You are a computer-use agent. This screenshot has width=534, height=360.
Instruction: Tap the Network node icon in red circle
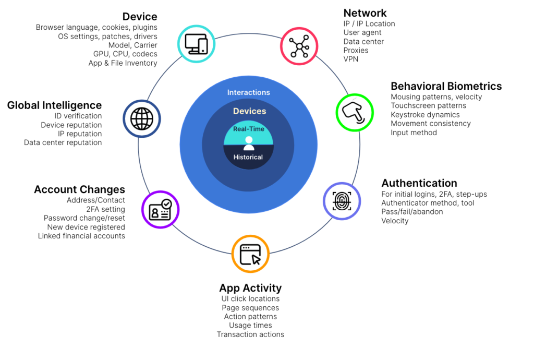(x=299, y=46)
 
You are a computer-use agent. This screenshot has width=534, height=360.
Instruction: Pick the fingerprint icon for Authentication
(x=342, y=200)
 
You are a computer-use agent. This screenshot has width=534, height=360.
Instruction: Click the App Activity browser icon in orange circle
(x=250, y=254)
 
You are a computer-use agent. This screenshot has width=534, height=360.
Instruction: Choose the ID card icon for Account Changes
(x=160, y=209)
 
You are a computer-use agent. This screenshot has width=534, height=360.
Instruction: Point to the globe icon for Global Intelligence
(x=142, y=118)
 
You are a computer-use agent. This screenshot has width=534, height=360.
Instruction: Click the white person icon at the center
(x=249, y=143)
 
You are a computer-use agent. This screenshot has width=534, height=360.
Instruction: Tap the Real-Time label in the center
(x=249, y=129)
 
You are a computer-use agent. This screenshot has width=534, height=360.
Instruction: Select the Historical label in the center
(x=248, y=157)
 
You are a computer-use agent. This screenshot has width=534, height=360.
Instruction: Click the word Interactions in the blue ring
(x=249, y=92)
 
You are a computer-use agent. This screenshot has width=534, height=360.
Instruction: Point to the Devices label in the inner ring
(x=249, y=111)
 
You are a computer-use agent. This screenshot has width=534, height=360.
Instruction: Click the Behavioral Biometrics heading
(x=446, y=86)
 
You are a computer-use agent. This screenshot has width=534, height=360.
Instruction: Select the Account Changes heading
(x=79, y=189)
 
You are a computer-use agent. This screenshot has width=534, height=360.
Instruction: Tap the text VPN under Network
(x=350, y=59)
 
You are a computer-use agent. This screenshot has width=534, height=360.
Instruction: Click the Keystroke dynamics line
(x=425, y=115)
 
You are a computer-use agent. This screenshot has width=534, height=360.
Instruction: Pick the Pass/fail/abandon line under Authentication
(x=412, y=212)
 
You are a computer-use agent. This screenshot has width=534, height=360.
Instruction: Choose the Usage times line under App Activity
(x=250, y=326)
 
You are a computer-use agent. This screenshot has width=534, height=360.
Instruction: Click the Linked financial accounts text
(x=81, y=236)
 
